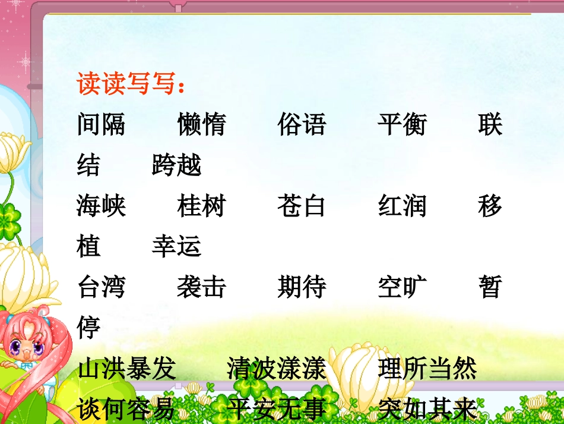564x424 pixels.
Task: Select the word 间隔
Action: click(101, 125)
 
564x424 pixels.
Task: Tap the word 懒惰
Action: click(201, 125)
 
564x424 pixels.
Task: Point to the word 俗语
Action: click(302, 125)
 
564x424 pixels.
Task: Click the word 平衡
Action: click(402, 125)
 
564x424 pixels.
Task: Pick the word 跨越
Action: click(176, 165)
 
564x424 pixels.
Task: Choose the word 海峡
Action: click(101, 206)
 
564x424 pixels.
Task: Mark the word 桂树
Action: click(201, 206)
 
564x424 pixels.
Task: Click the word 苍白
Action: click(302, 206)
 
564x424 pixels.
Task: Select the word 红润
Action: click(402, 206)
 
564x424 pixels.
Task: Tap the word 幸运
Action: click(176, 247)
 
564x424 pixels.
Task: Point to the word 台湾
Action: click(101, 287)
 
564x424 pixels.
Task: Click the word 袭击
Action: click(201, 287)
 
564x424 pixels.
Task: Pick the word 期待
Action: click(302, 287)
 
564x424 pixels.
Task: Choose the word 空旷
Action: click(402, 287)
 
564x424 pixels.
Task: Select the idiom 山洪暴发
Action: click(126, 369)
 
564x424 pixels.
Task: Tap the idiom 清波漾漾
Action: click(277, 369)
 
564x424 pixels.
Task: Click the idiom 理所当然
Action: click(427, 369)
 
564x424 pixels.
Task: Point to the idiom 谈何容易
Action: click(126, 409)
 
